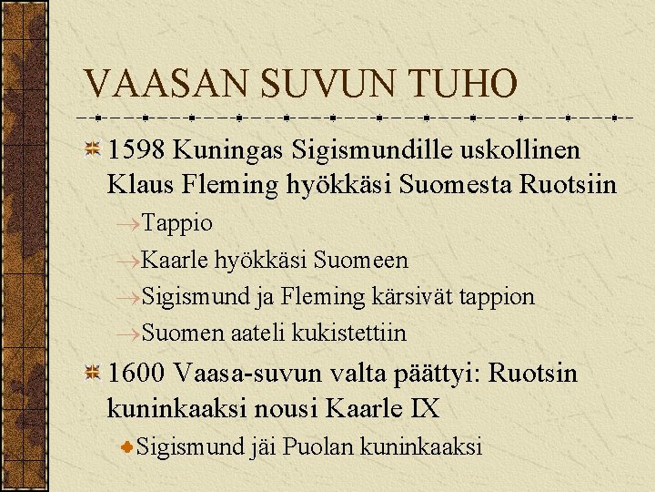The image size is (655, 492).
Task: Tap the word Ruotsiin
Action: tap(568, 185)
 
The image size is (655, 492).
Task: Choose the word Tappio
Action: tap(177, 223)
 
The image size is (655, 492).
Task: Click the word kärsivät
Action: tap(408, 296)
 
